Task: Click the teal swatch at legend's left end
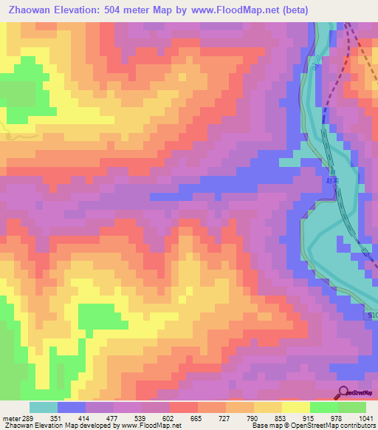pos(44,407)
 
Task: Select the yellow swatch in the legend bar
pos(295,407)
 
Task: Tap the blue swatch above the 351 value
pos(72,407)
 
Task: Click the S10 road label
pos(372,315)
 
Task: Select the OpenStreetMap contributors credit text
pos(337,426)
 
